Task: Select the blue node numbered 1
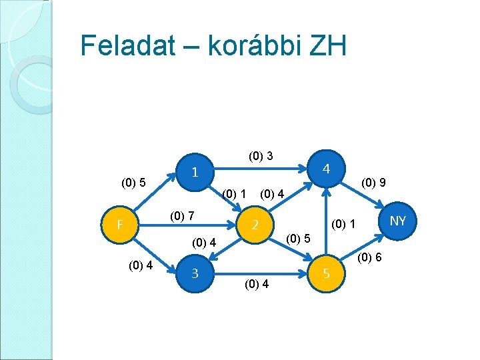[194, 171]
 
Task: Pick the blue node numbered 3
[194, 272]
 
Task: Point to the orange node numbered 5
[326, 272]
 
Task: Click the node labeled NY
[397, 220]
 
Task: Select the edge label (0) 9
[375, 181]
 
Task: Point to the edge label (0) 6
[369, 257]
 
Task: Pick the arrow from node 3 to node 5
[260, 273]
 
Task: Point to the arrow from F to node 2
[187, 225]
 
